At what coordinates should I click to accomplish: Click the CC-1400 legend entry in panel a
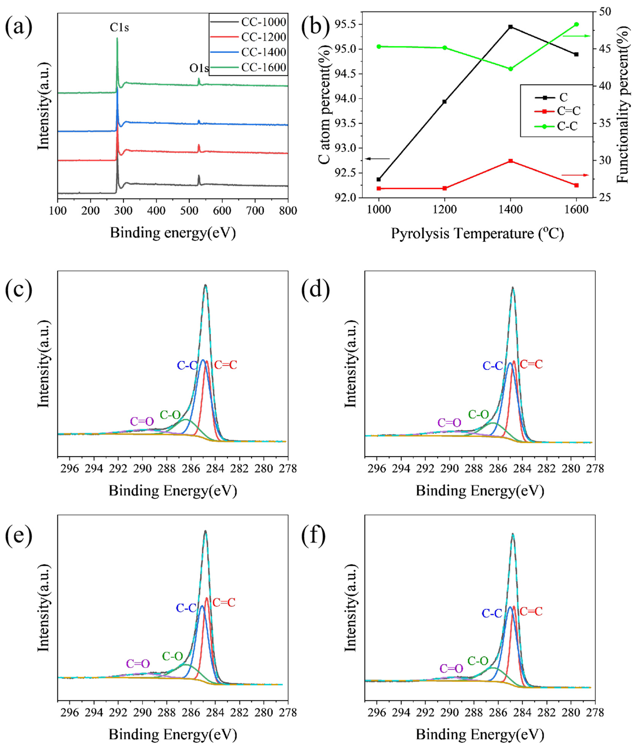263,52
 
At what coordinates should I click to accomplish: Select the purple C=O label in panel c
142,421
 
